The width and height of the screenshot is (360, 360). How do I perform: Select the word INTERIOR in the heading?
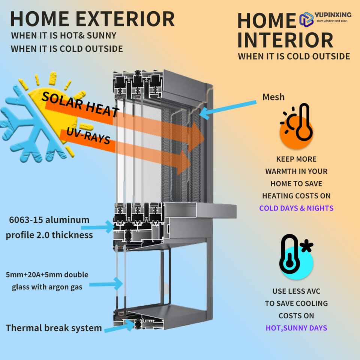(285, 40)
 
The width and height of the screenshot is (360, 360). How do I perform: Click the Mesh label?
(273, 97)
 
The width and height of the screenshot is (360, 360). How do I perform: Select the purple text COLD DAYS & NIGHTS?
(296, 208)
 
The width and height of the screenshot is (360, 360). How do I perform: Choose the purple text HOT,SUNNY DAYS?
(296, 328)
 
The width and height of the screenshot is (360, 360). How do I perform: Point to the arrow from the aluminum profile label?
(101, 226)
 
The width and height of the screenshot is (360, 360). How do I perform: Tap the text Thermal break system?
(54, 328)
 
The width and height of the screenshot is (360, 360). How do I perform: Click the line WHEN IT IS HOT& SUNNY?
(64, 36)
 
